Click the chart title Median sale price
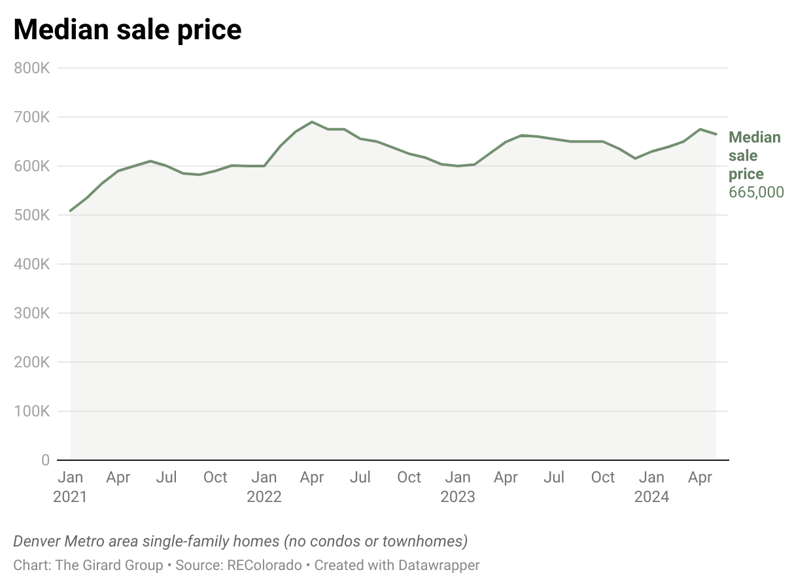click(x=128, y=30)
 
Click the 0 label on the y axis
click(x=45, y=460)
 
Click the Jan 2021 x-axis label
click(x=70, y=487)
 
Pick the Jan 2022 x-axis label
click(x=264, y=487)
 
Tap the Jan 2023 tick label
click(x=458, y=487)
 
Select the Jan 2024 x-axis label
click(x=651, y=487)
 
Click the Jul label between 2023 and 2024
click(x=554, y=478)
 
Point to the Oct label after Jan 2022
click(x=409, y=478)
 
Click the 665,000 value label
click(x=756, y=192)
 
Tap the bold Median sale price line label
click(x=754, y=156)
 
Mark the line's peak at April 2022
click(x=312, y=122)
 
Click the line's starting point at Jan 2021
click(x=71, y=210)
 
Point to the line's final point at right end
click(x=716, y=134)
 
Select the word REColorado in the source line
click(x=264, y=565)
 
